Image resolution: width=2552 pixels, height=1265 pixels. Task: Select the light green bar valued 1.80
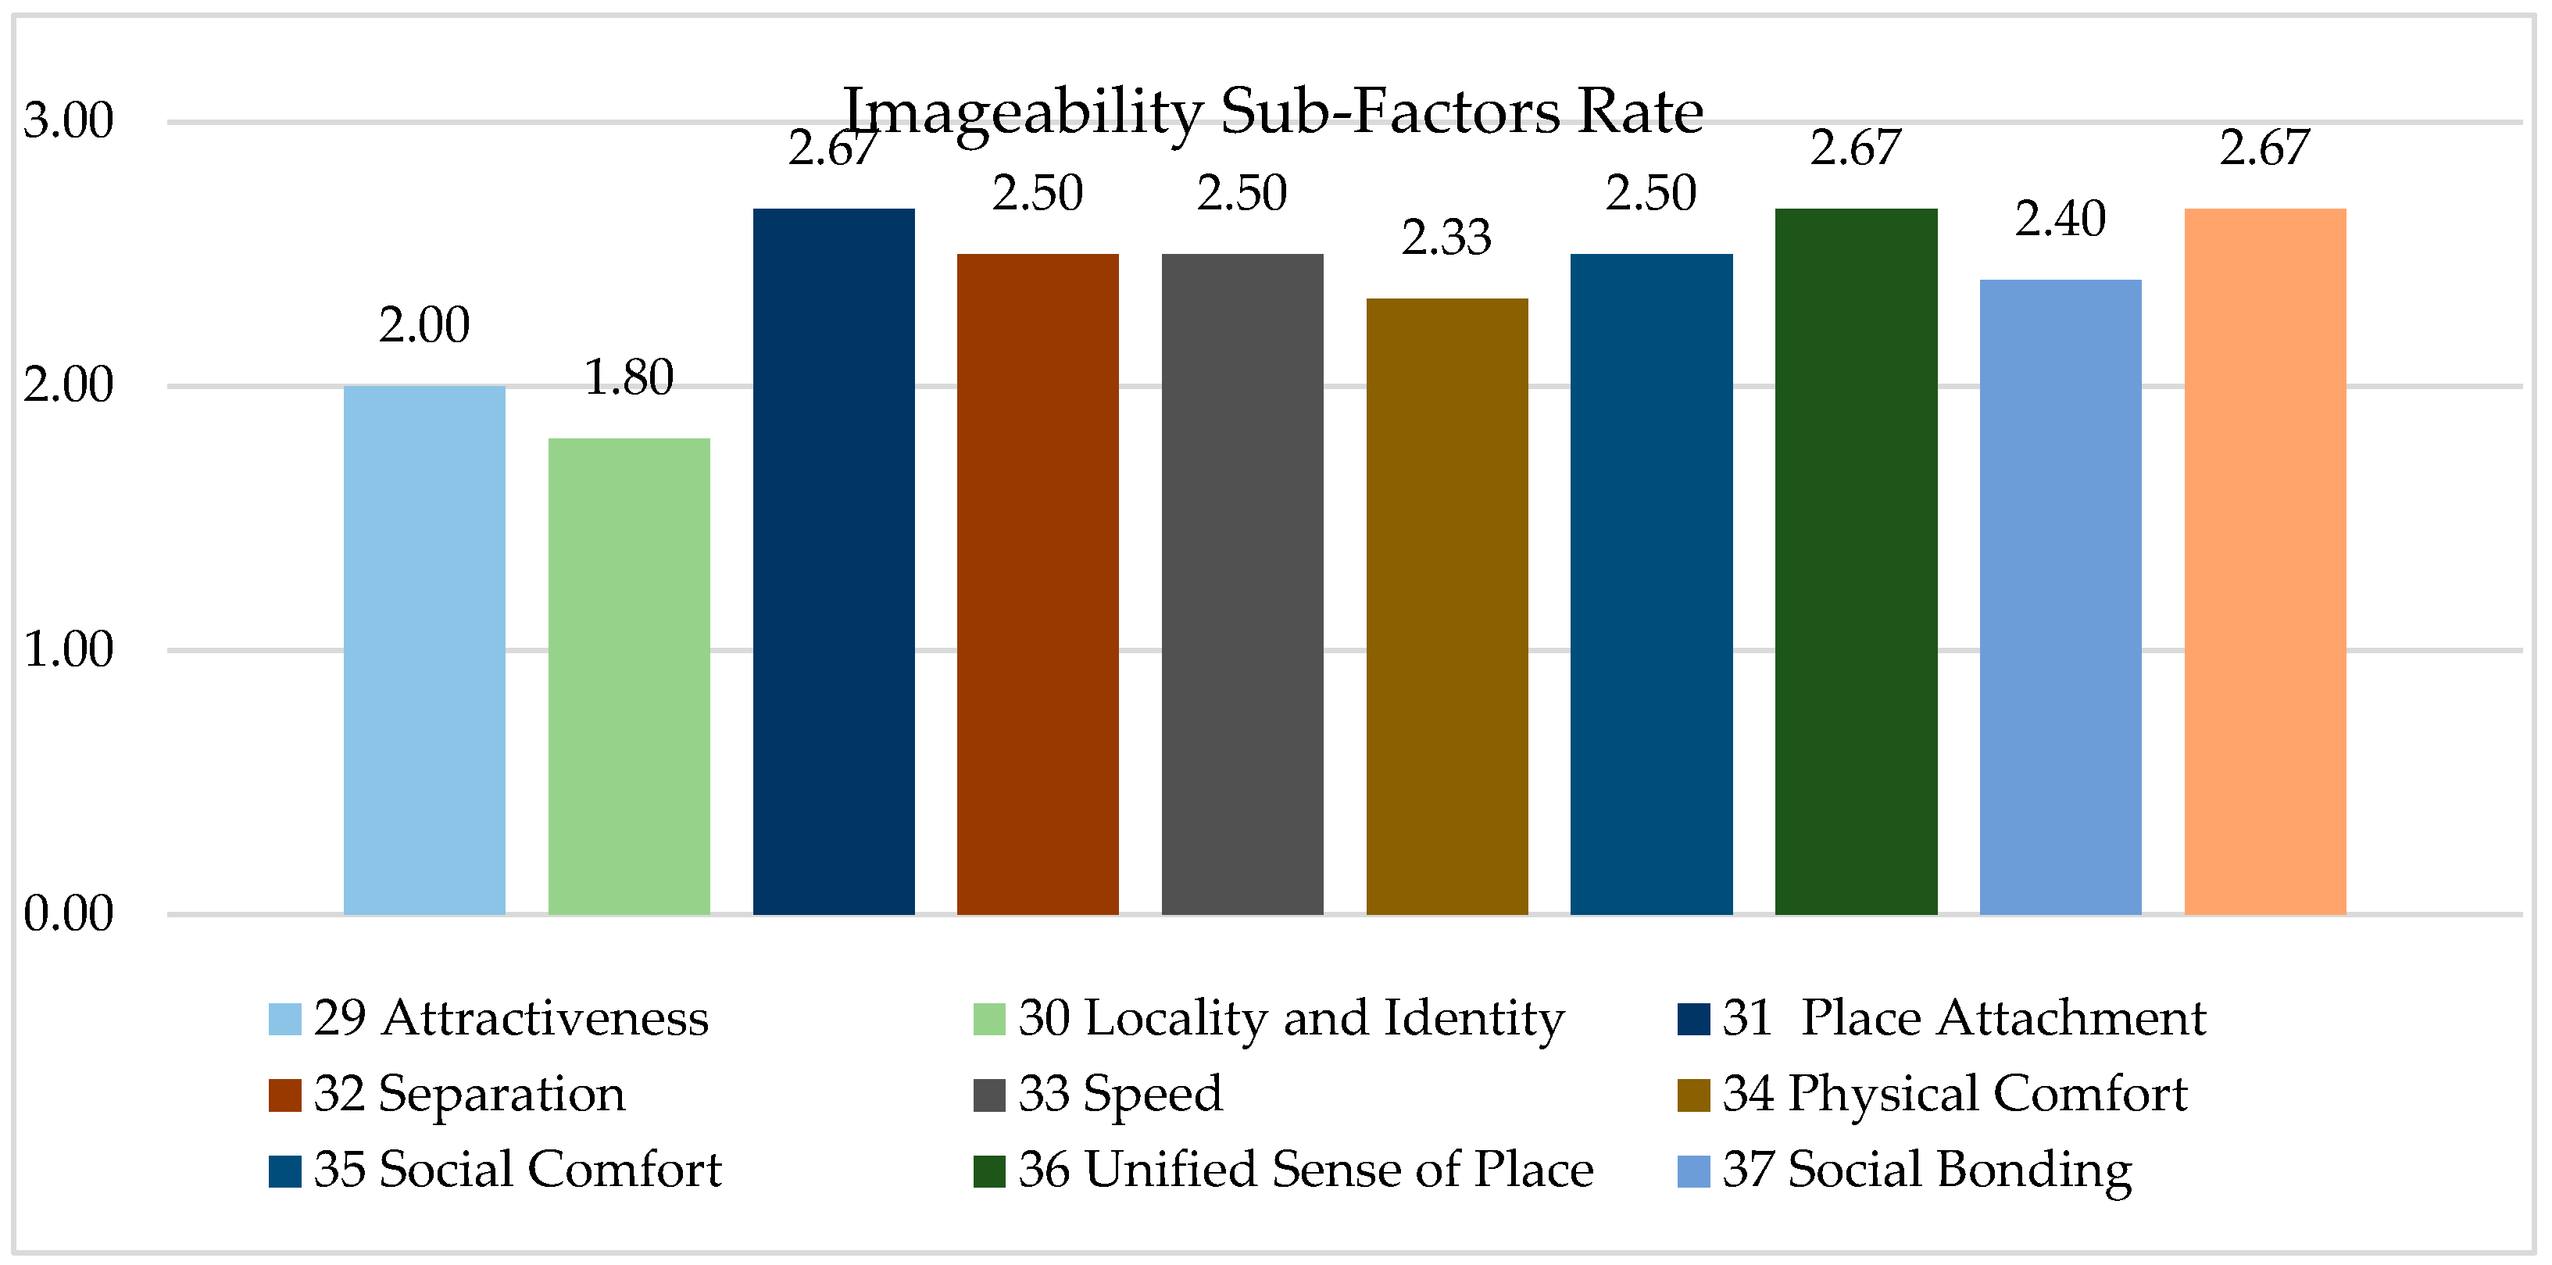[x=629, y=676]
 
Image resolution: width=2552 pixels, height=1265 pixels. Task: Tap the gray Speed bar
[x=1242, y=584]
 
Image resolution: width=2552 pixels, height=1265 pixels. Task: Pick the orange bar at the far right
[x=2264, y=561]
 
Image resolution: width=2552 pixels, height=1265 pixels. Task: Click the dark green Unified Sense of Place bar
[x=1856, y=561]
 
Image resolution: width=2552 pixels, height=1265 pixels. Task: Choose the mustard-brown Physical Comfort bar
[x=1446, y=606]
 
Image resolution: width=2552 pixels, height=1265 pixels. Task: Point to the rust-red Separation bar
[x=1037, y=584]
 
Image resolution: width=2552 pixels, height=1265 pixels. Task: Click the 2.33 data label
[x=1446, y=238]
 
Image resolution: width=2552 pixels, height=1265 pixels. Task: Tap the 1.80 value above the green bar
[x=629, y=377]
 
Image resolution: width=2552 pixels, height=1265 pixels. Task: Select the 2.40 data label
[x=2061, y=219]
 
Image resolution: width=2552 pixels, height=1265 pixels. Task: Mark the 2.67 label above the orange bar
[x=2264, y=148]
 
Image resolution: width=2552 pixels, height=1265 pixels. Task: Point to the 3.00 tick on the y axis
[x=68, y=121]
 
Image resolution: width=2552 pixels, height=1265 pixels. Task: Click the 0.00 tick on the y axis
[x=68, y=913]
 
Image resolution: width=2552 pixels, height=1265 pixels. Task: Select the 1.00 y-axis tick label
[x=68, y=650]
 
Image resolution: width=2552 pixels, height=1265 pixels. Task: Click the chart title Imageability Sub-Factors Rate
[x=1273, y=111]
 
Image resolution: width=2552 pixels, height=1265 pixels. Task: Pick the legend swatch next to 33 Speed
[x=988, y=1095]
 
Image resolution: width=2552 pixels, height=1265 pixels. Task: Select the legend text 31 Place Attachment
[x=1964, y=1018]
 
